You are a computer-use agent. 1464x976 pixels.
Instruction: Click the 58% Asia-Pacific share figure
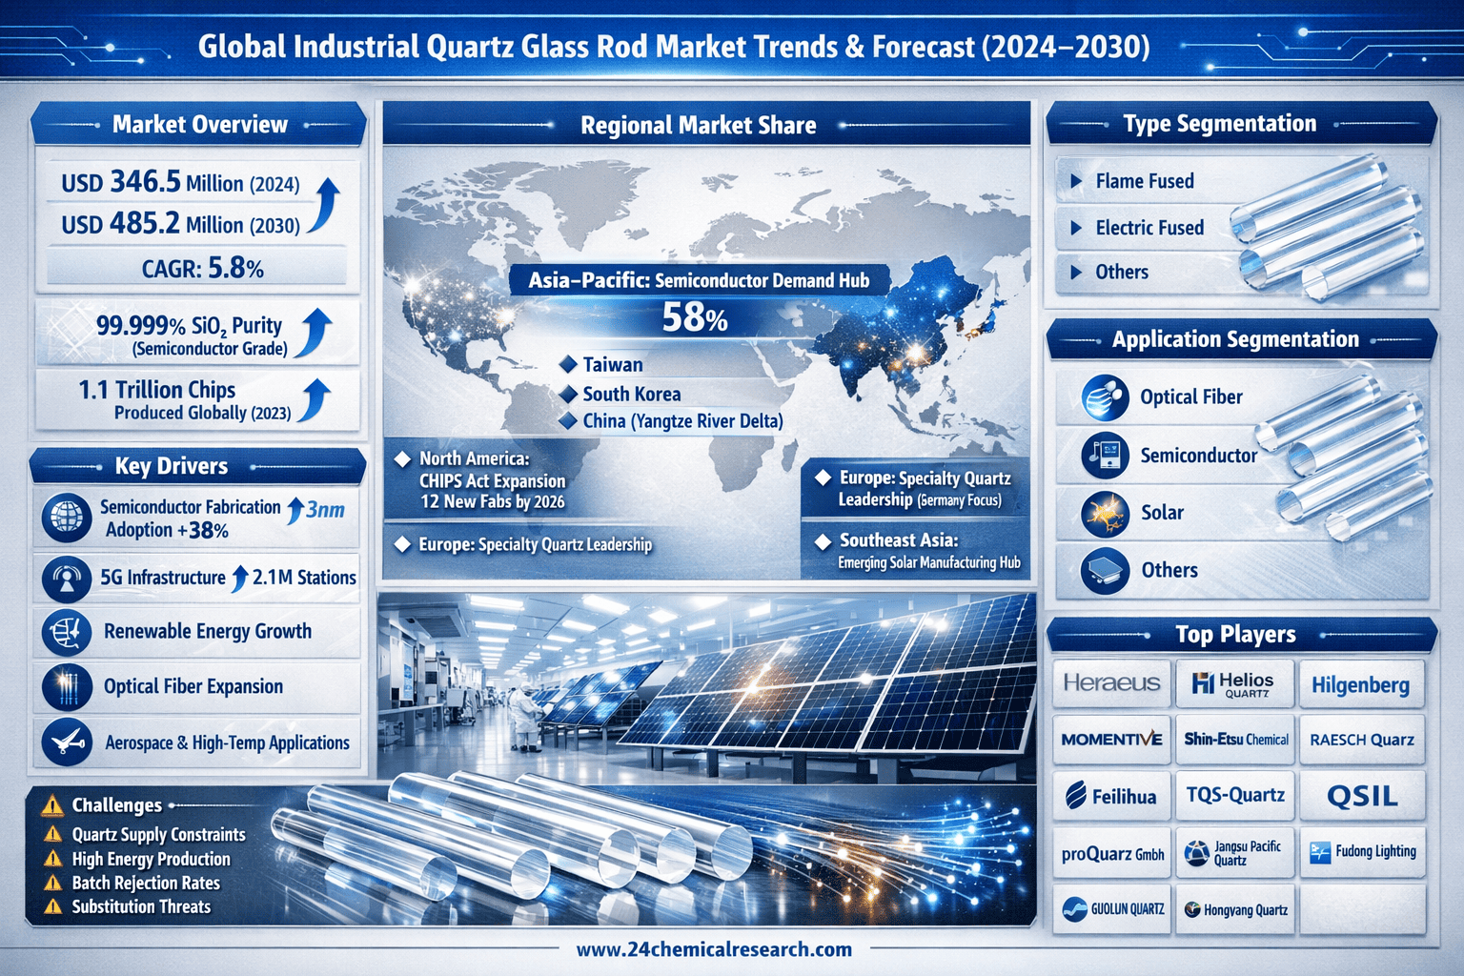click(x=694, y=317)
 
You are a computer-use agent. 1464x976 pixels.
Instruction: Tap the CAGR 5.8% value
click(x=203, y=268)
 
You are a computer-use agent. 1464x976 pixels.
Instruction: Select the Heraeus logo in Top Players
click(x=1111, y=683)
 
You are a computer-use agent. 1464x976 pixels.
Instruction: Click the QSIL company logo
click(x=1362, y=796)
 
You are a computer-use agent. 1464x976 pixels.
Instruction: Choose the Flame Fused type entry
click(x=1145, y=181)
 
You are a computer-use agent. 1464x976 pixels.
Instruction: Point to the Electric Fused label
click(x=1149, y=228)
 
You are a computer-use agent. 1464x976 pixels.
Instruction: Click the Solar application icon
click(x=1105, y=514)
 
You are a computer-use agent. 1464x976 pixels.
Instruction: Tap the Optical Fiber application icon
click(x=1105, y=397)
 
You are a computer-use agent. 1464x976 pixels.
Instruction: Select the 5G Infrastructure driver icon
click(x=67, y=579)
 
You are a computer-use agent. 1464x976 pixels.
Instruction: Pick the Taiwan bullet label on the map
click(x=613, y=365)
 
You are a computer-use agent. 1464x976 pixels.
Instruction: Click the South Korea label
click(x=631, y=394)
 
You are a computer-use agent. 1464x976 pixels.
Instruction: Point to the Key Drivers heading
click(x=172, y=466)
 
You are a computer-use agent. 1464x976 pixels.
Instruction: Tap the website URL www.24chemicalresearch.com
click(x=714, y=949)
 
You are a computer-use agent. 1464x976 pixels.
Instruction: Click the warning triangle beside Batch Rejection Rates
click(x=52, y=884)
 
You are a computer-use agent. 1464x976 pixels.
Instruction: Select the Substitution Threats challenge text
click(x=141, y=906)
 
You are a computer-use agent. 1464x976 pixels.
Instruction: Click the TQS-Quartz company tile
click(x=1235, y=795)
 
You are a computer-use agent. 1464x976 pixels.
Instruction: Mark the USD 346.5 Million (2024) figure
click(x=180, y=182)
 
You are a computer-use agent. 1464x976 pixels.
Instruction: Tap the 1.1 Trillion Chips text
click(x=157, y=390)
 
